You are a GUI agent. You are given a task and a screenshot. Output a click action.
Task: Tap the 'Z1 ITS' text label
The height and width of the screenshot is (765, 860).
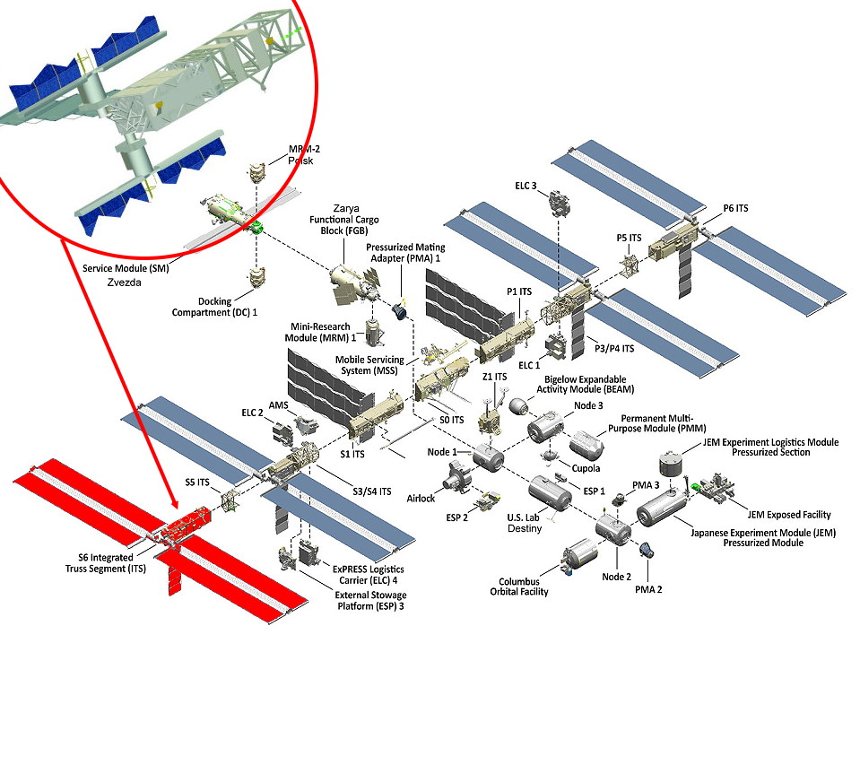pyautogui.click(x=494, y=377)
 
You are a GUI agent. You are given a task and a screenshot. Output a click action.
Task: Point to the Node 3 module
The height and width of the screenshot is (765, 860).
pyautogui.click(x=544, y=430)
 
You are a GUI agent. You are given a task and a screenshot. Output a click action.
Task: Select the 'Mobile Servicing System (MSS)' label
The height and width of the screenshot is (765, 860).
pyautogui.click(x=369, y=366)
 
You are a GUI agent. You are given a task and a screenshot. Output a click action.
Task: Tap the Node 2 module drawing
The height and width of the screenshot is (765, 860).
pyautogui.click(x=613, y=527)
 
